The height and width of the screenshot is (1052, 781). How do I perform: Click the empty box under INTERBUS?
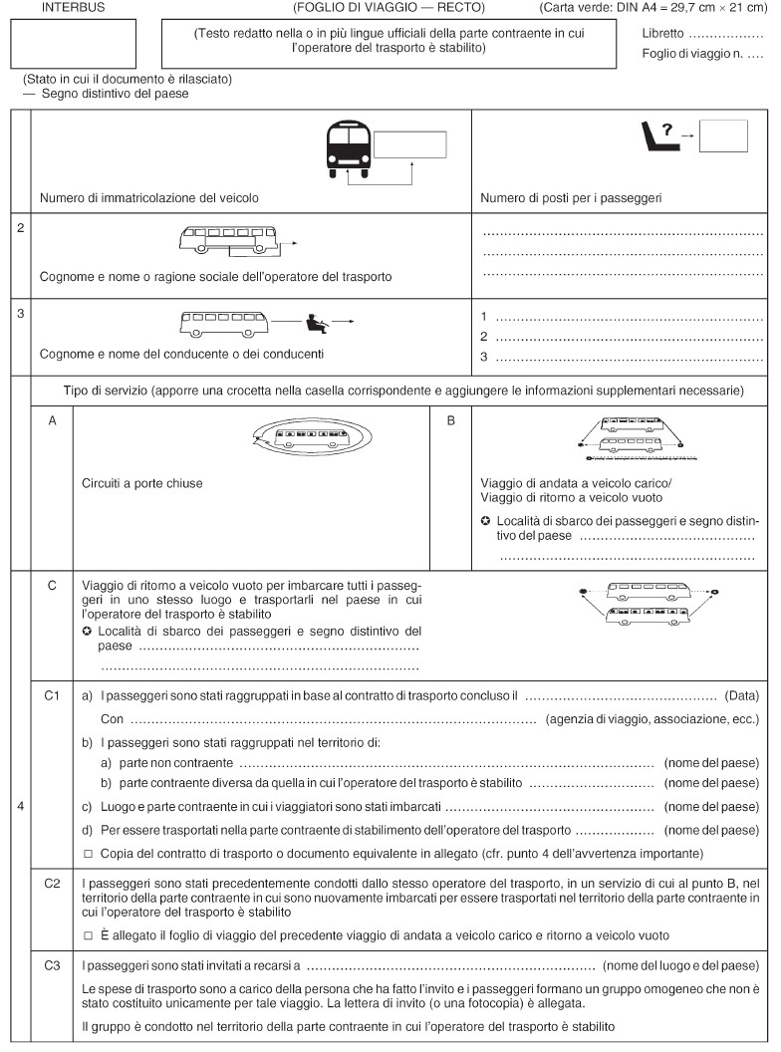coord(72,45)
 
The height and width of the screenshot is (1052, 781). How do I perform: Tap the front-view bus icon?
coord(348,149)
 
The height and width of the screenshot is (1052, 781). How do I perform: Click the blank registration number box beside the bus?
coord(410,145)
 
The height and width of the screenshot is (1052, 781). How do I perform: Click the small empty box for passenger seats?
coord(723,134)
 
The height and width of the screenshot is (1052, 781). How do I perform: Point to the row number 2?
coord(20,227)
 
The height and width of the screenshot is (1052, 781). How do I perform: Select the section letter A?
coord(52,421)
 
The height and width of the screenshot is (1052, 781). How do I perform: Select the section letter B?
coord(450,421)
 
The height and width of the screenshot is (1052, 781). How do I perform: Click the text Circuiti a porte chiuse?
coord(142,483)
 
